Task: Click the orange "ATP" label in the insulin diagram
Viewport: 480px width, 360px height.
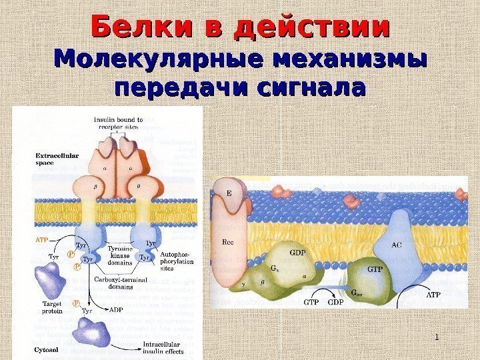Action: click(41, 237)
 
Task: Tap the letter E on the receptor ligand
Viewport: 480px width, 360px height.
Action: click(229, 193)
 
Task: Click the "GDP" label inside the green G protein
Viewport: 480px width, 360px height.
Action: click(297, 253)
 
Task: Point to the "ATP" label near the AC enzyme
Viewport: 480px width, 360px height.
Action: click(434, 293)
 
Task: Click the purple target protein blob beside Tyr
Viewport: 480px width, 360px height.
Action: click(52, 278)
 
